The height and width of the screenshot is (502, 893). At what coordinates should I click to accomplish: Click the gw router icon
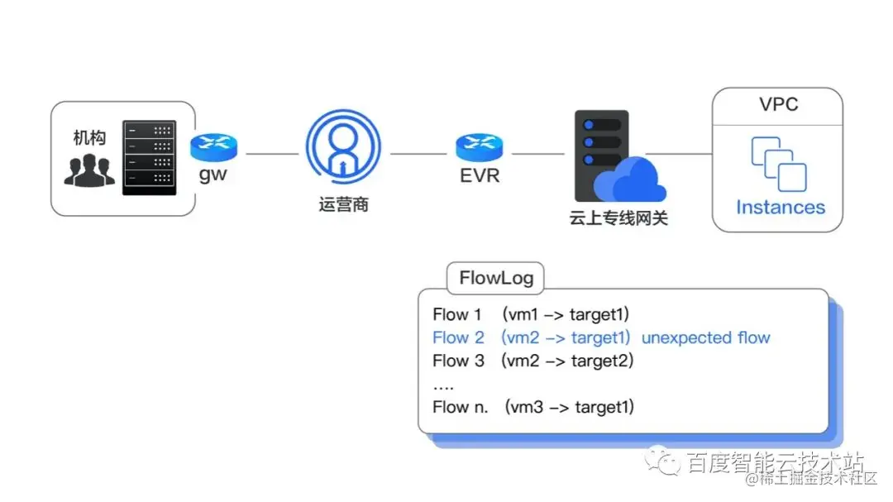tap(213, 147)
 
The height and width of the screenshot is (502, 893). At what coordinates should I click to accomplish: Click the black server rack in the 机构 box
tap(150, 158)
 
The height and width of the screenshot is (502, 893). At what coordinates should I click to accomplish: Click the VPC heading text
tap(778, 105)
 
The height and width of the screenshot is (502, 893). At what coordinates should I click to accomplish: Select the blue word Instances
tap(781, 207)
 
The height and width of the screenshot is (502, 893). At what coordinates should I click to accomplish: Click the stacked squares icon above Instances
tap(778, 163)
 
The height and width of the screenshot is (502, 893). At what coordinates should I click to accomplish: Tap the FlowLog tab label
tap(496, 278)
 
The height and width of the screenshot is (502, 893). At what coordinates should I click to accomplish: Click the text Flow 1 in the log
tap(457, 314)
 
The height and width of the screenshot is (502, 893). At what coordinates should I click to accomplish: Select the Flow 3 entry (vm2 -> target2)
tap(533, 361)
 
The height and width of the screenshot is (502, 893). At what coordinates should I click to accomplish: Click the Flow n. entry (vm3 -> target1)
tap(533, 407)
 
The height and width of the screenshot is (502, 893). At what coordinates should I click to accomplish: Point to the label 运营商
tap(343, 203)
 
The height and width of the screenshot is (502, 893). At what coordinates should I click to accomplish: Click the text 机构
tap(89, 138)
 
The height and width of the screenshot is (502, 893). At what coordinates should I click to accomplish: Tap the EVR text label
tap(480, 176)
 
